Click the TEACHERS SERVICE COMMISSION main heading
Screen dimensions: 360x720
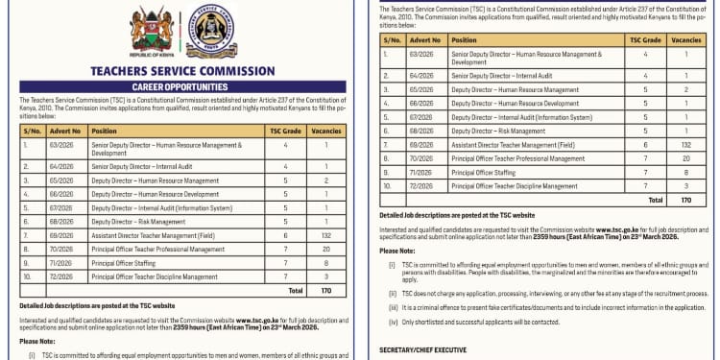(x=177, y=71)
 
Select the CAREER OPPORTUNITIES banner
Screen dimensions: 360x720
(x=177, y=86)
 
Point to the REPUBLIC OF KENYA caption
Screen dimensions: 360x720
(x=151, y=56)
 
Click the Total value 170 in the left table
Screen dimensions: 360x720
(x=325, y=289)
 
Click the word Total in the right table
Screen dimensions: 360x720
(x=656, y=200)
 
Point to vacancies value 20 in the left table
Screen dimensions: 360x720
(x=325, y=248)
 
